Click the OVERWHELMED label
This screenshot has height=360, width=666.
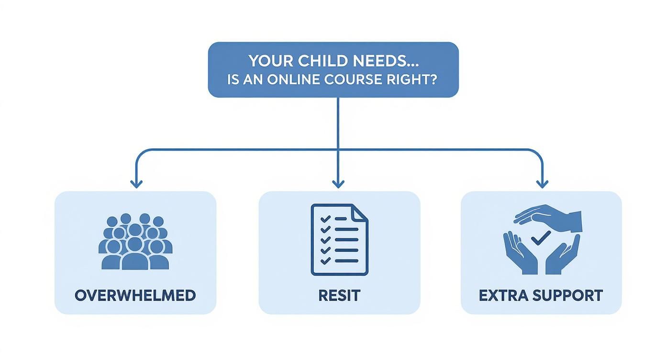[135, 295]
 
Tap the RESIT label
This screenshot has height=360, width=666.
[339, 295]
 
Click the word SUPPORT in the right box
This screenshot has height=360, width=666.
[567, 295]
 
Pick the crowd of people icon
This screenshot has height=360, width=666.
[135, 242]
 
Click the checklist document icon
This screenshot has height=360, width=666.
[339, 239]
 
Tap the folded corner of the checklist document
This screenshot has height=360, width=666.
[360, 213]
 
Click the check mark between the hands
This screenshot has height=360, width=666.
[541, 238]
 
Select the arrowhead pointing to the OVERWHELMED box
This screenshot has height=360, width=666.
[136, 184]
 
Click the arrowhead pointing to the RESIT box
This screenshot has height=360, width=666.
[338, 184]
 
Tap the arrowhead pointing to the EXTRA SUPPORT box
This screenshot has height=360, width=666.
[542, 184]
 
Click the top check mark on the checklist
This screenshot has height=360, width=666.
[325, 219]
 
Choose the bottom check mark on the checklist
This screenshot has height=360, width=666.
[325, 261]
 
